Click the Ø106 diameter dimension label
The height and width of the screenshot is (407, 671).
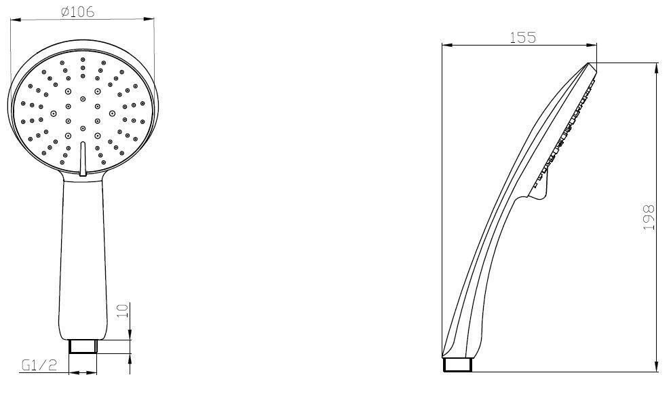pyautogui.click(x=77, y=12)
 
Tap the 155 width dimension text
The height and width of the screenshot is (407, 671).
pyautogui.click(x=522, y=37)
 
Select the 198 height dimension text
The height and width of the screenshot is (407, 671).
pyautogui.click(x=649, y=217)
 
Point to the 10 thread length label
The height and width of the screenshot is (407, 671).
pyautogui.click(x=123, y=311)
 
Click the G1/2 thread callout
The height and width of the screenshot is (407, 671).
pyautogui.click(x=39, y=365)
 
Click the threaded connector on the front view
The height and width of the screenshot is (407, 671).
pyautogui.click(x=83, y=346)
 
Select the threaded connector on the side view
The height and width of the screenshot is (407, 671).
pyautogui.click(x=457, y=365)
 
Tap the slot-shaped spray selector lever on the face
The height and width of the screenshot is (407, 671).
pyautogui.click(x=83, y=158)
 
